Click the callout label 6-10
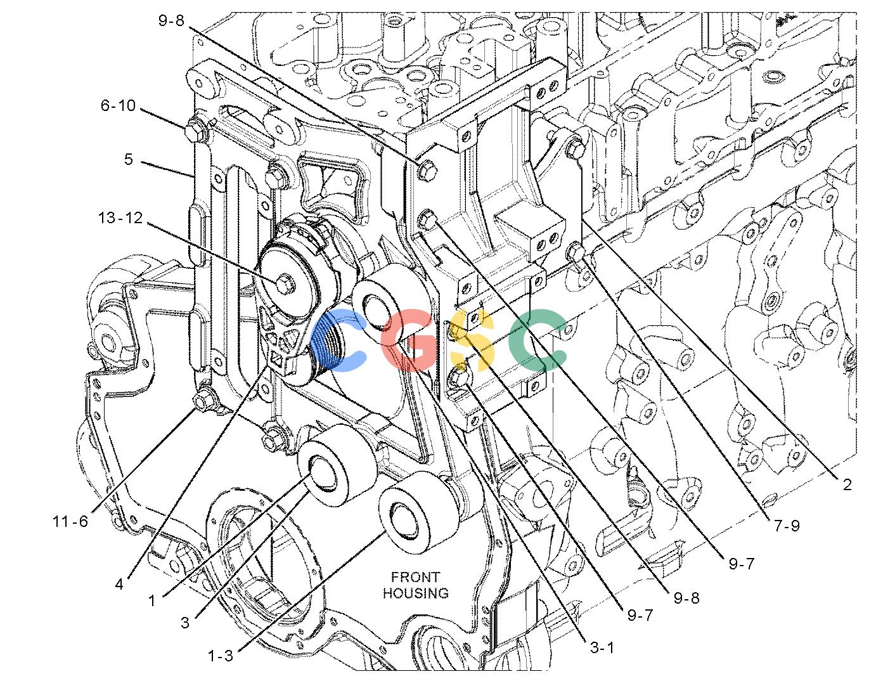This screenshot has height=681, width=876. click(x=118, y=106)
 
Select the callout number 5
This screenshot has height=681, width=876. click(x=128, y=159)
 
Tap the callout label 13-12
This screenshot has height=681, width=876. click(x=120, y=218)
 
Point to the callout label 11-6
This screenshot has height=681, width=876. click(x=70, y=521)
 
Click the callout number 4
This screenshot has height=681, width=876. click(x=119, y=584)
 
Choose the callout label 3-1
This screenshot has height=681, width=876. click(x=602, y=648)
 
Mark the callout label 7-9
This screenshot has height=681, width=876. click(x=787, y=526)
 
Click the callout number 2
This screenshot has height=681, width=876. click(x=847, y=484)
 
